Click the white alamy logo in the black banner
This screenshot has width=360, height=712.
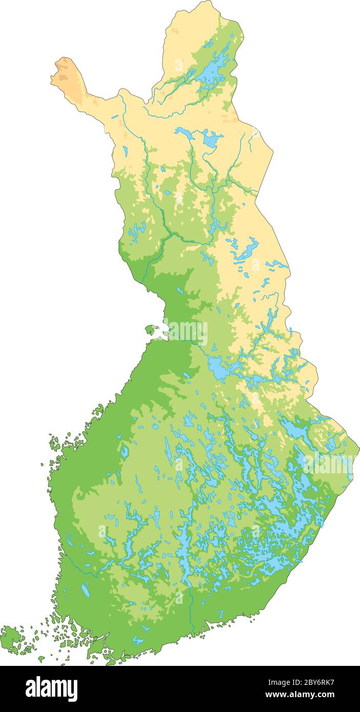[51, 688]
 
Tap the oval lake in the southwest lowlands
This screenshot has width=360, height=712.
[86, 590]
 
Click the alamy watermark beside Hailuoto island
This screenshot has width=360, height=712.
[185, 331]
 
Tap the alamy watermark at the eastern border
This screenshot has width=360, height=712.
[328, 464]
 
